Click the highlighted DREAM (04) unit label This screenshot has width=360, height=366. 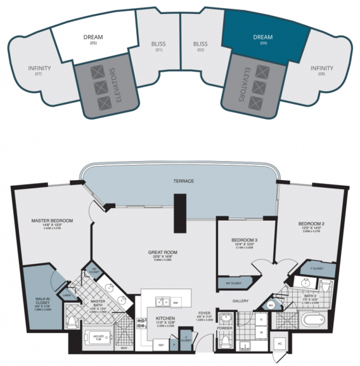point(262,39)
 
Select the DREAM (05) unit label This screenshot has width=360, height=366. point(93,39)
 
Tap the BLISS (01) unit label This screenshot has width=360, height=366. point(159,46)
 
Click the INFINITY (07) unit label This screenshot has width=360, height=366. point(39,70)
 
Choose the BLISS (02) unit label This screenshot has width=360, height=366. point(200,46)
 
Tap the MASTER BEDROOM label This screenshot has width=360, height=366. point(52,223)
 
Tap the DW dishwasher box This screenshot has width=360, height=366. point(193,303)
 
